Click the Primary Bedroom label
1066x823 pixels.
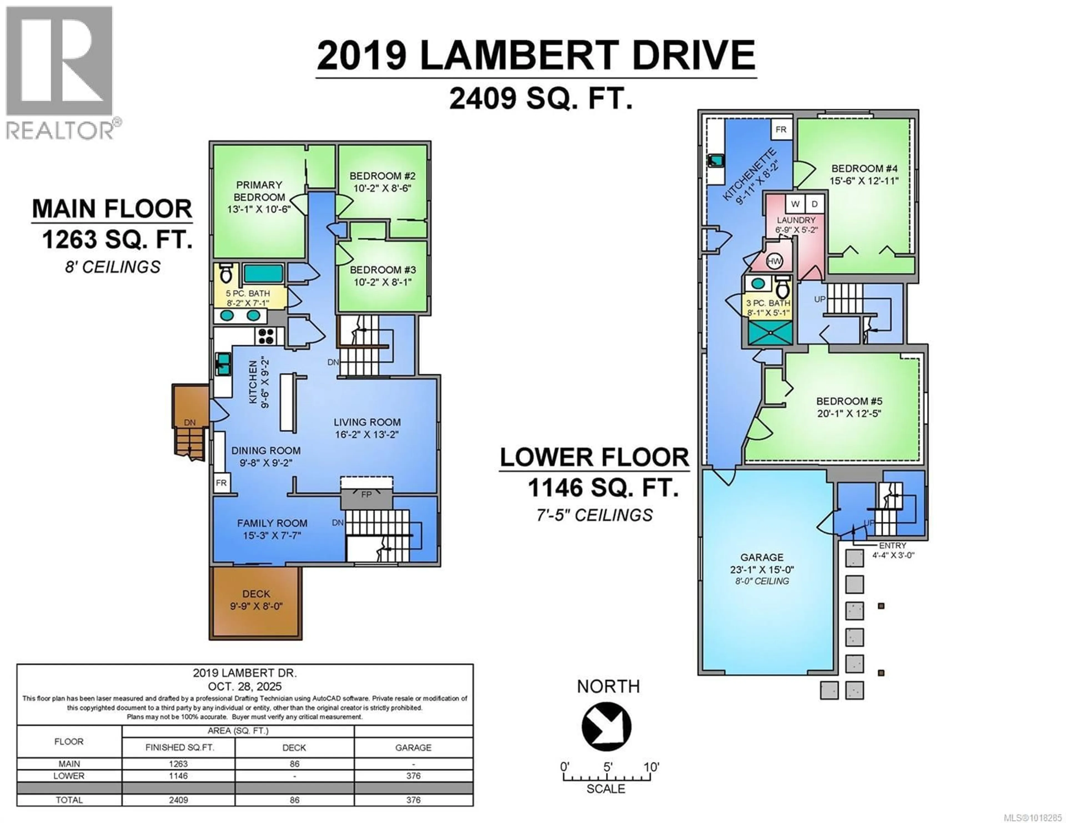tap(259, 191)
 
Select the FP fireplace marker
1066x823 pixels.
tap(366, 495)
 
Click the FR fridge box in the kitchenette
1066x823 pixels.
tap(781, 130)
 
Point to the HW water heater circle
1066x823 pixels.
tap(774, 261)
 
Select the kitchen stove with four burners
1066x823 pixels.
tap(266, 336)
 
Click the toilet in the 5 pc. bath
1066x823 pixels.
tap(225, 274)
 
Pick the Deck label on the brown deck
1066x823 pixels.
tap(256, 594)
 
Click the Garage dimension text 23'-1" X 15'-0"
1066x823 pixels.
tap(761, 569)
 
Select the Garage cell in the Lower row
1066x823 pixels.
tap(413, 776)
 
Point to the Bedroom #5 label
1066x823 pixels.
tap(849, 401)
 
